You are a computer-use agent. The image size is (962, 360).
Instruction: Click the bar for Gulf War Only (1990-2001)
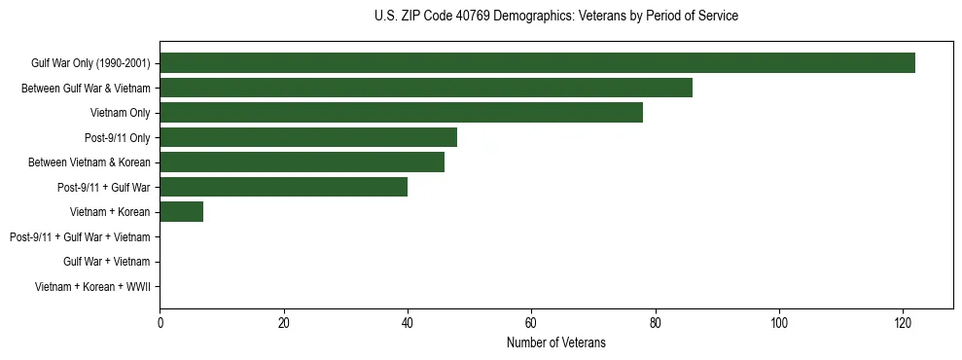click(537, 63)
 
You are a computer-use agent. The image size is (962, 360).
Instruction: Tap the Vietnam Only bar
click(401, 113)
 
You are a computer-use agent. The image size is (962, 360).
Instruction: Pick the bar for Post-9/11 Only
click(308, 137)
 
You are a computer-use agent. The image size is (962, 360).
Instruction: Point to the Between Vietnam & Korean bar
click(302, 162)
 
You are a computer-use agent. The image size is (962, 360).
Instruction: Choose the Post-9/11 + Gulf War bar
click(283, 187)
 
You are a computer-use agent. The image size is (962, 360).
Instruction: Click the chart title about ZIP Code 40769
click(555, 17)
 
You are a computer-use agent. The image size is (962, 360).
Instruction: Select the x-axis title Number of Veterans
click(555, 342)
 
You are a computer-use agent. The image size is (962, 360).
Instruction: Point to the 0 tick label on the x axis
click(160, 323)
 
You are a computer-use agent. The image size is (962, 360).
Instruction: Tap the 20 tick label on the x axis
click(284, 323)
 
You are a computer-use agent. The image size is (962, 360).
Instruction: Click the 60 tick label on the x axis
click(531, 323)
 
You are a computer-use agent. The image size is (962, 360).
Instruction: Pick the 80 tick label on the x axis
click(656, 323)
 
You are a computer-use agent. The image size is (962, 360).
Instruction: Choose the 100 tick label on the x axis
click(779, 323)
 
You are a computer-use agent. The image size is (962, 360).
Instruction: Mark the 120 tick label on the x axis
click(903, 323)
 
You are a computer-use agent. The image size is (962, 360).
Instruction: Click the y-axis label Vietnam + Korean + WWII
click(92, 286)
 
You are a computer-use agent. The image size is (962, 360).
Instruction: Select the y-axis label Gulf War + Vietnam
click(106, 262)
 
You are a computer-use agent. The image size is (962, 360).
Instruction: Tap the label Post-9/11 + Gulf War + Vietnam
click(80, 236)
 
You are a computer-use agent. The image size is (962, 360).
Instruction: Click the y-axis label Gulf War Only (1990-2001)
click(90, 63)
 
